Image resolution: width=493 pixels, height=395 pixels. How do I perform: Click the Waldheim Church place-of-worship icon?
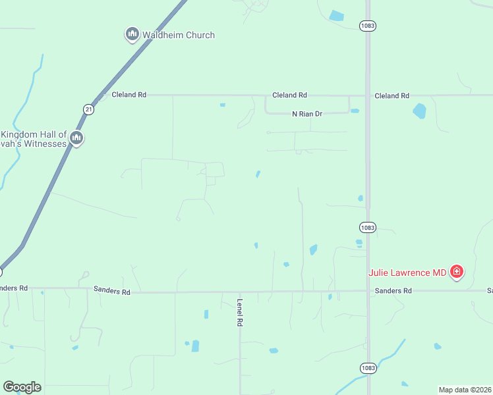click(x=132, y=34)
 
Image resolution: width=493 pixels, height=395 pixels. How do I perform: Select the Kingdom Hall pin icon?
click(x=76, y=138)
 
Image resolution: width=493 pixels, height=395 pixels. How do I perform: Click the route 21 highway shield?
click(x=88, y=109)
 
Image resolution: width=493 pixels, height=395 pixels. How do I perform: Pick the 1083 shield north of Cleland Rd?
click(x=368, y=25)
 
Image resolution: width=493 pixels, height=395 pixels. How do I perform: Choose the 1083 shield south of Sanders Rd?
click(x=368, y=367)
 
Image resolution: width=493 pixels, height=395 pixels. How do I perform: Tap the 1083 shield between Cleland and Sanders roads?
click(x=368, y=227)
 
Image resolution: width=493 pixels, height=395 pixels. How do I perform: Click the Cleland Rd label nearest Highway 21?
click(x=129, y=95)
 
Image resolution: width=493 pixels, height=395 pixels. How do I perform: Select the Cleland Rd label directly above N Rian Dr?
click(x=290, y=95)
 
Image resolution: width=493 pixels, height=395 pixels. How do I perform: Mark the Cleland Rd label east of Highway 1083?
click(x=391, y=95)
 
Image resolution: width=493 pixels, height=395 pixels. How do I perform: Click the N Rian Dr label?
click(x=307, y=114)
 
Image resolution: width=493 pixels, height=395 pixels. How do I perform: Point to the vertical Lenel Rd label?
click(x=240, y=313)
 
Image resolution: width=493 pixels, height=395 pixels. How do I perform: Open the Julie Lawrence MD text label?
click(x=407, y=272)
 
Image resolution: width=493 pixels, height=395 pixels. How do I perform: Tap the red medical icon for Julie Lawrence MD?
click(x=456, y=271)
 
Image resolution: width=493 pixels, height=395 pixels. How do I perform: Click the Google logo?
click(x=22, y=387)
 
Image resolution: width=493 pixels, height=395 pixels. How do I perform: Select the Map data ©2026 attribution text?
click(x=465, y=390)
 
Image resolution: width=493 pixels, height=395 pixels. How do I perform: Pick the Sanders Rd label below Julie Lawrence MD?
click(x=393, y=290)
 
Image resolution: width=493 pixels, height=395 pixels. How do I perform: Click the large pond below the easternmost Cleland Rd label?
click(x=419, y=111)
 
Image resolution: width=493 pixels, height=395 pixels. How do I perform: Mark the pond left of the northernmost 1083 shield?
click(x=337, y=16)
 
